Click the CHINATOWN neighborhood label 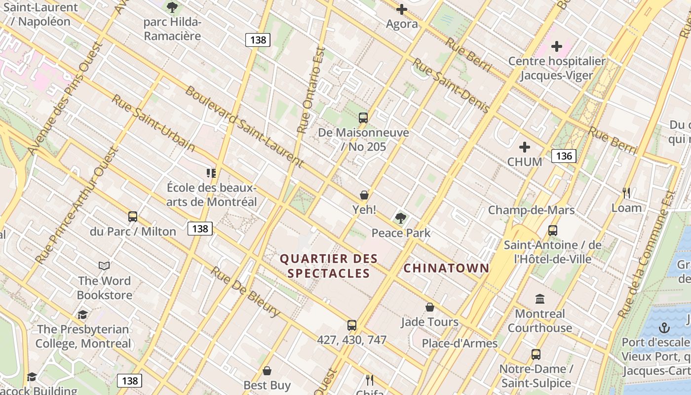click(x=446, y=268)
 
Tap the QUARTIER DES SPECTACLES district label click(x=329, y=266)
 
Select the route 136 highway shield click(x=564, y=156)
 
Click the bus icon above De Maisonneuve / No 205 click(x=363, y=118)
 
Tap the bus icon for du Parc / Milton click(x=132, y=217)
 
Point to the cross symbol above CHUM click(x=525, y=147)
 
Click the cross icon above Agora click(x=402, y=9)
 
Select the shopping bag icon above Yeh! click(x=364, y=195)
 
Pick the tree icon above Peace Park click(x=400, y=218)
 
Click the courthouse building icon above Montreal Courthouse click(x=540, y=299)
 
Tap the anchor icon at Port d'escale click(x=664, y=328)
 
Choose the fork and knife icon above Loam click(x=626, y=193)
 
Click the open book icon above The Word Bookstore click(x=104, y=266)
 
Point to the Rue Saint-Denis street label click(x=451, y=85)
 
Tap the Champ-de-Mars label click(x=531, y=210)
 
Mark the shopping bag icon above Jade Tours click(x=430, y=308)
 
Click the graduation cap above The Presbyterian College click(x=82, y=315)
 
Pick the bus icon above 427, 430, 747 click(x=351, y=325)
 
